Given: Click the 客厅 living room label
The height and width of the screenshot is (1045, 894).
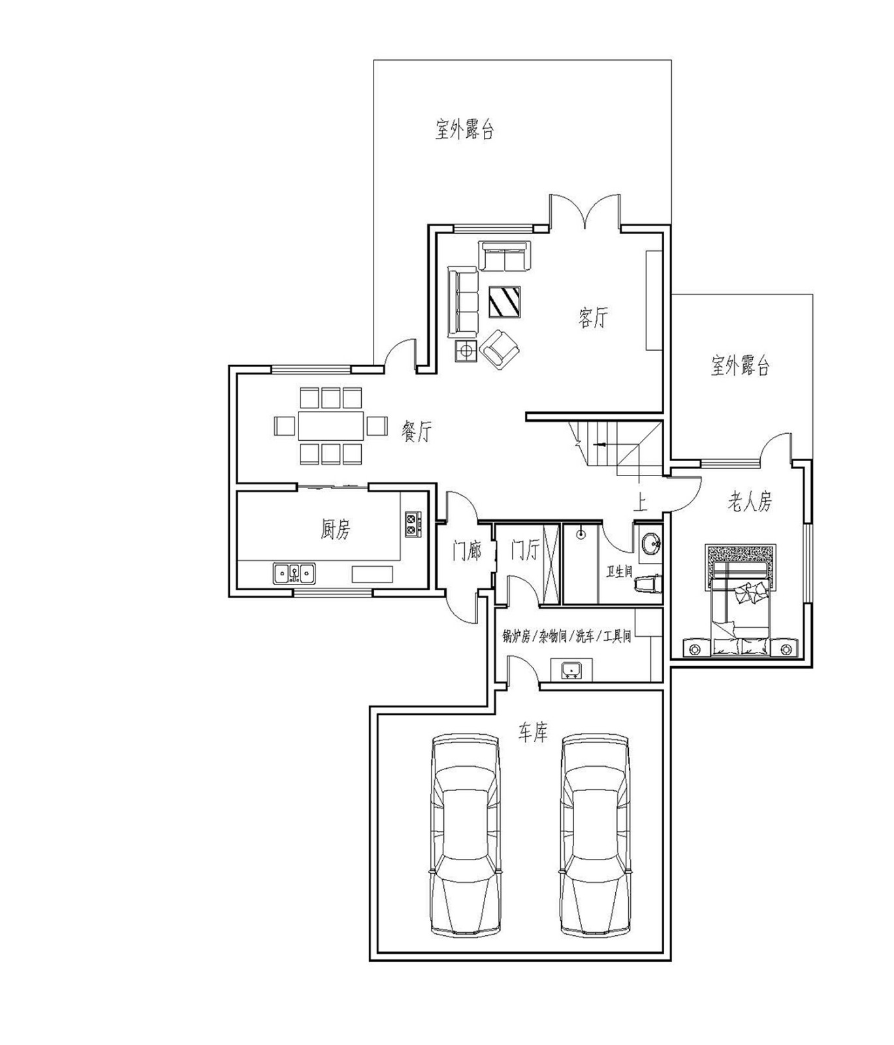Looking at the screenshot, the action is [x=593, y=318].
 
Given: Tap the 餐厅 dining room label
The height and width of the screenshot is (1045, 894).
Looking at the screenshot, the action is [x=417, y=431].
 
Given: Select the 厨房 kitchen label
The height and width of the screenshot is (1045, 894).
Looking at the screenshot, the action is [x=335, y=529].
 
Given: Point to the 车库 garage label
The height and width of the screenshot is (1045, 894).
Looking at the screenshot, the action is [x=533, y=733].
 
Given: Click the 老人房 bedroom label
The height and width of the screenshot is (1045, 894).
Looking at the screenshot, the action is [x=750, y=502].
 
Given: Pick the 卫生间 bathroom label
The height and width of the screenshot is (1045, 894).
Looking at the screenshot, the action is [x=619, y=572].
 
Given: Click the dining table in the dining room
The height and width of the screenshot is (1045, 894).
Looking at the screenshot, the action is [x=331, y=426].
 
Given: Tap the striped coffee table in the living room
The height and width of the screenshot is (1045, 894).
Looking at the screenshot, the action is [x=505, y=302].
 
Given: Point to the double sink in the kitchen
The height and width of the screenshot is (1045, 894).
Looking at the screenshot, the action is [x=294, y=573].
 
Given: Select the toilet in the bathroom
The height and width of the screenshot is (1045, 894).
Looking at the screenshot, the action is [x=649, y=583].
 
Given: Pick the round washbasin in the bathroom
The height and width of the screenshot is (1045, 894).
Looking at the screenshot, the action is [x=651, y=543].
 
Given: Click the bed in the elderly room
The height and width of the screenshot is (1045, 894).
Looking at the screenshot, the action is [x=741, y=601].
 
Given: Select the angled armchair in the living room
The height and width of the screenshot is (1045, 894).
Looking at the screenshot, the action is [x=500, y=349].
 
